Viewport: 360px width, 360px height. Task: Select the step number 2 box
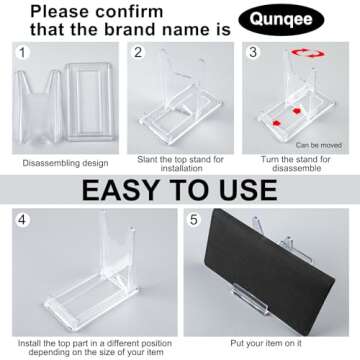pos(140,51)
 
